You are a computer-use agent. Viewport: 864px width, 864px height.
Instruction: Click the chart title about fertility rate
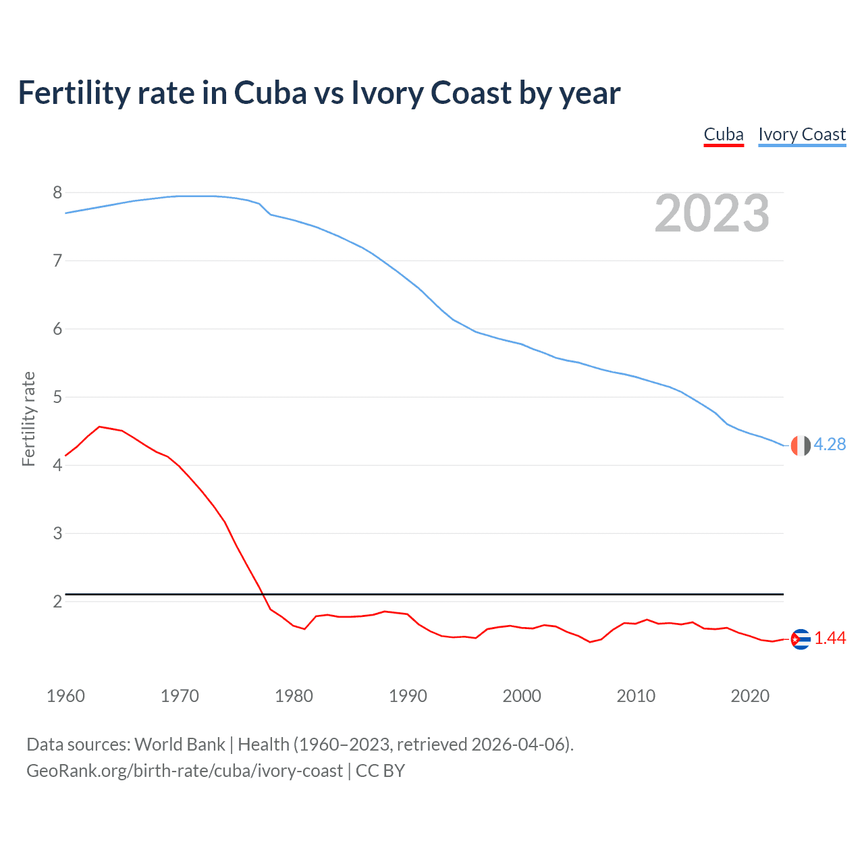[319, 93]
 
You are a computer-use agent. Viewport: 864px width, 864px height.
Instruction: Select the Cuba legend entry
[723, 134]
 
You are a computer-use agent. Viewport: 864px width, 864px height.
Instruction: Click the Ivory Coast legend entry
[802, 134]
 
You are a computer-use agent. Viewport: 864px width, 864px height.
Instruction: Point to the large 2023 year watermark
[711, 213]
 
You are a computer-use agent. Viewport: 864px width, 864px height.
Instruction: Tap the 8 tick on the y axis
[57, 193]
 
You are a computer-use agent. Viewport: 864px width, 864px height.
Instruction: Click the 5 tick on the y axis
[57, 397]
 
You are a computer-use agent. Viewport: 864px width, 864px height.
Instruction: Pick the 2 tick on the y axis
[57, 601]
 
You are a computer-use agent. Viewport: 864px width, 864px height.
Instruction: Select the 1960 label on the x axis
[65, 696]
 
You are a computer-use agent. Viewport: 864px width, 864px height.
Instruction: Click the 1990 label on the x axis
[408, 696]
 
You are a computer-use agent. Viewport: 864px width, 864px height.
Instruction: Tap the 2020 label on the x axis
[750, 696]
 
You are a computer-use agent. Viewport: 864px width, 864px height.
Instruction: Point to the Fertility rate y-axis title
[28, 418]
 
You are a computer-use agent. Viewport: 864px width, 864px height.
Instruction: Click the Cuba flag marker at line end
[801, 639]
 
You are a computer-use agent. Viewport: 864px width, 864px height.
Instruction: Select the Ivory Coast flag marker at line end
[800, 446]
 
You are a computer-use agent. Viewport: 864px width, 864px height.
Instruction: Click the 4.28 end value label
[830, 444]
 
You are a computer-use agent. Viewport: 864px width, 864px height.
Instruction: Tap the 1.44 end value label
[830, 639]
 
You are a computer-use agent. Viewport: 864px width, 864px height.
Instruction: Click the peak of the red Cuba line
[100, 427]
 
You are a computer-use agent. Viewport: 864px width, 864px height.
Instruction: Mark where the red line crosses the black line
[262, 594]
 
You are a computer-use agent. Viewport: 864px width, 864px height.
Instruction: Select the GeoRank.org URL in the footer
[184, 771]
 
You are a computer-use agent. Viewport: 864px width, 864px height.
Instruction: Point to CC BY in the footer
[380, 771]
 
